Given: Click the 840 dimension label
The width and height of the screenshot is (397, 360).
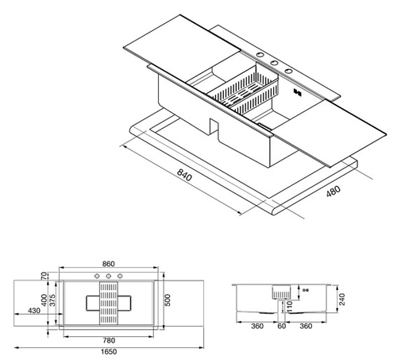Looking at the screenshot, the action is click(x=184, y=176).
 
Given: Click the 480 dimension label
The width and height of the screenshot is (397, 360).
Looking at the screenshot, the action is click(x=333, y=191).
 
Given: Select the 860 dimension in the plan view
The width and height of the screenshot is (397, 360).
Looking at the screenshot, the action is click(x=109, y=264).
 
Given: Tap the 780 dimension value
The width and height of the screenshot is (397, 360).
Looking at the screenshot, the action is click(x=109, y=340).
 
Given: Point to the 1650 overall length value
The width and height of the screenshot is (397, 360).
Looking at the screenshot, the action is click(x=109, y=352).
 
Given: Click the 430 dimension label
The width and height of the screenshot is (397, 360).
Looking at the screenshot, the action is click(x=34, y=310).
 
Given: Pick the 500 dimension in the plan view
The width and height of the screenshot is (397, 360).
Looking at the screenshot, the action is click(x=168, y=300).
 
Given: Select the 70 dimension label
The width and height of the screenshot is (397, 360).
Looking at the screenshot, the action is click(x=44, y=276).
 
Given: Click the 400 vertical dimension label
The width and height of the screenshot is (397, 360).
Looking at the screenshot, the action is click(x=44, y=300).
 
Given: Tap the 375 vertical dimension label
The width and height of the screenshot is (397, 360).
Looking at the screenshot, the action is click(x=52, y=300).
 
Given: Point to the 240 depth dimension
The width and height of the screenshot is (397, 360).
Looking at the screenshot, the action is click(x=342, y=299).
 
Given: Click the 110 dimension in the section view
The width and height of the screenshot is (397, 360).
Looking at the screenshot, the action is click(x=290, y=306).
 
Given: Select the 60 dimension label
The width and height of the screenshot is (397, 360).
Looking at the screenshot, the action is click(x=282, y=326).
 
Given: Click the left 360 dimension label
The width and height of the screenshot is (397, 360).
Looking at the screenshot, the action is click(x=257, y=326).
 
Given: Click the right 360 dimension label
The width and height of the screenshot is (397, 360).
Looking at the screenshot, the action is click(x=306, y=326).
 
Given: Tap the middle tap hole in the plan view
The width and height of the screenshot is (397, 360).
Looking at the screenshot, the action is click(x=109, y=277).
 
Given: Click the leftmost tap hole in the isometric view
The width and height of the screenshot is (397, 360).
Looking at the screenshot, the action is click(x=260, y=55).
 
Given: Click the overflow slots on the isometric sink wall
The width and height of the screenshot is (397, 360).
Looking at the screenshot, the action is click(x=297, y=92).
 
